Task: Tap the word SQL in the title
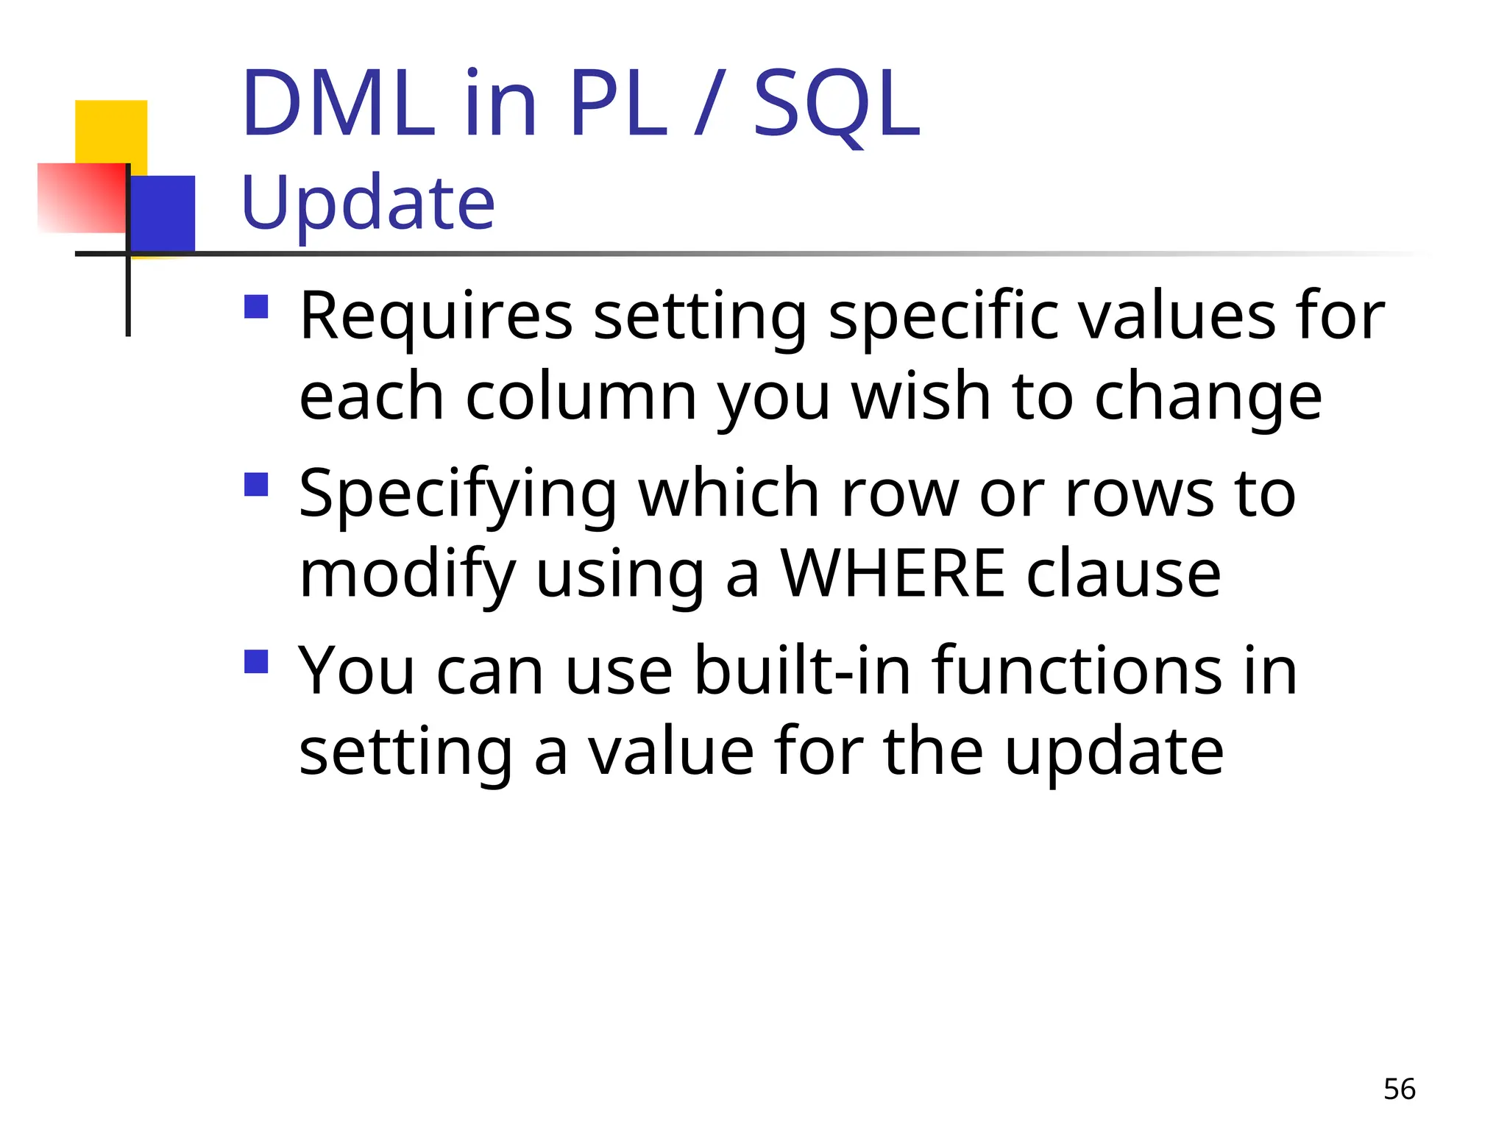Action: tap(837, 104)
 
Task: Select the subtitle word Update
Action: tap(368, 203)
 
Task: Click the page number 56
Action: tap(1399, 1090)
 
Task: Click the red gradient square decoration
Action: tap(81, 197)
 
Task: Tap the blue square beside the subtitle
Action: tap(163, 213)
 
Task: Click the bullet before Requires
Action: tap(256, 307)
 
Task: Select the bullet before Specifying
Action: tap(256, 485)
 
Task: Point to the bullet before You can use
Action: tap(256, 661)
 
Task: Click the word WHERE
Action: tap(892, 574)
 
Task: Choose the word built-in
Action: tap(803, 671)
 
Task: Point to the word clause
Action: tap(1124, 574)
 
